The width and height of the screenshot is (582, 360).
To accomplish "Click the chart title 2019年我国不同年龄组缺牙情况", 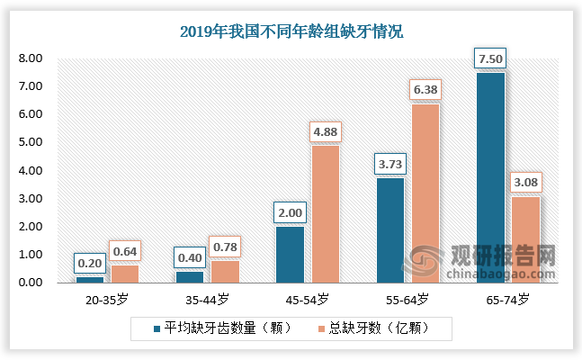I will [x=291, y=31].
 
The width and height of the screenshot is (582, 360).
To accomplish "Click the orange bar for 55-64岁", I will [x=425, y=193].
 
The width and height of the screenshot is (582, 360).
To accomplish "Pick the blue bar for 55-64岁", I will [x=389, y=230].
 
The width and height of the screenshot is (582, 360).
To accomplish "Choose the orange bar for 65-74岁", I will [x=525, y=239].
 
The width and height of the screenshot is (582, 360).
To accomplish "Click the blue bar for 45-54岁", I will [x=290, y=255].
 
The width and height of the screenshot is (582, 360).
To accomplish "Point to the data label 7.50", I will [x=490, y=58].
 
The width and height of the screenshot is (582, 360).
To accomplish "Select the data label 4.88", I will [x=325, y=131].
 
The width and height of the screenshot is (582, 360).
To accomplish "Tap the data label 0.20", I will [x=88, y=263].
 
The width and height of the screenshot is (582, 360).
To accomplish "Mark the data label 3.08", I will [x=526, y=183].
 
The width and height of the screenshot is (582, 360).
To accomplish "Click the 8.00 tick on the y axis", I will [x=31, y=58].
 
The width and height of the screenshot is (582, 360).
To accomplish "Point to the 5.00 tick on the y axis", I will [x=31, y=142].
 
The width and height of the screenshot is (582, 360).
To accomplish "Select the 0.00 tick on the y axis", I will [x=31, y=283].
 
